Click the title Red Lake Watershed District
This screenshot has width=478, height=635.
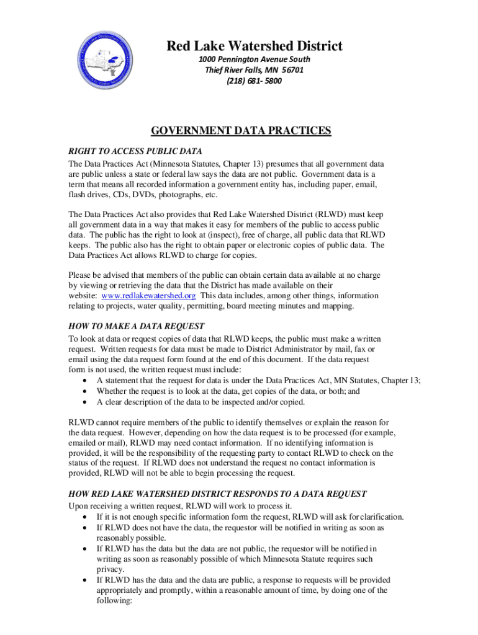click(254, 46)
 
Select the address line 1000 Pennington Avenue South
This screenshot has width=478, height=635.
click(254, 59)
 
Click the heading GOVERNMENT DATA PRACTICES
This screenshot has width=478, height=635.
click(241, 130)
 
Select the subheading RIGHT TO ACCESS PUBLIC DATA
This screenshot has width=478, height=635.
click(135, 151)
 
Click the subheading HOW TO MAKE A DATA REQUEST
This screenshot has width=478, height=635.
click(137, 326)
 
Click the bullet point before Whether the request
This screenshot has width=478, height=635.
click(84, 391)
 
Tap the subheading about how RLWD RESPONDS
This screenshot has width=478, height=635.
click(217, 494)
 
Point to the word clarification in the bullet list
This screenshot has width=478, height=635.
click(380, 517)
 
